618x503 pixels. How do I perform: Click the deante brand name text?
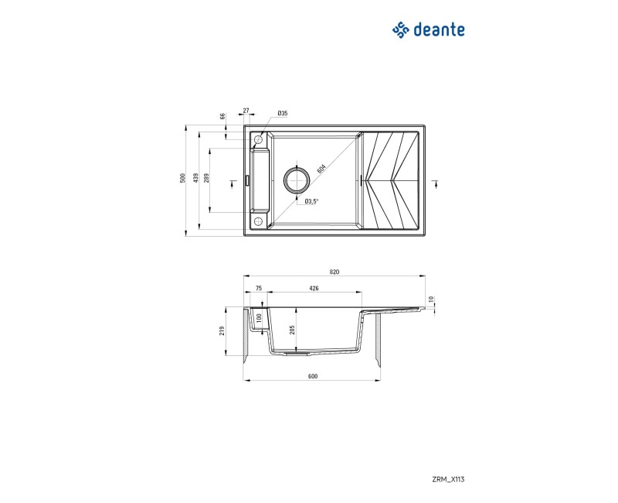[x=439, y=30]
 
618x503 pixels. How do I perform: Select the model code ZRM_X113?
[x=449, y=480]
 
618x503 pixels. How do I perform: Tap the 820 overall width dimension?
[x=334, y=272]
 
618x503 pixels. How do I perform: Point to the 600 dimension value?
[x=313, y=376]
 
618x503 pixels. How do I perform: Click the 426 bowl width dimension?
[x=314, y=288]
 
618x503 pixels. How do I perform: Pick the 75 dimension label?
[x=259, y=288]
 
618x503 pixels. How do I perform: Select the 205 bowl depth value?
[x=292, y=330]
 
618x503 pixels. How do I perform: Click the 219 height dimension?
[x=222, y=331]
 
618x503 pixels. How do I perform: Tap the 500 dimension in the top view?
[x=182, y=178]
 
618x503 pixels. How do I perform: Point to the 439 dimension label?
[x=195, y=178]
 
